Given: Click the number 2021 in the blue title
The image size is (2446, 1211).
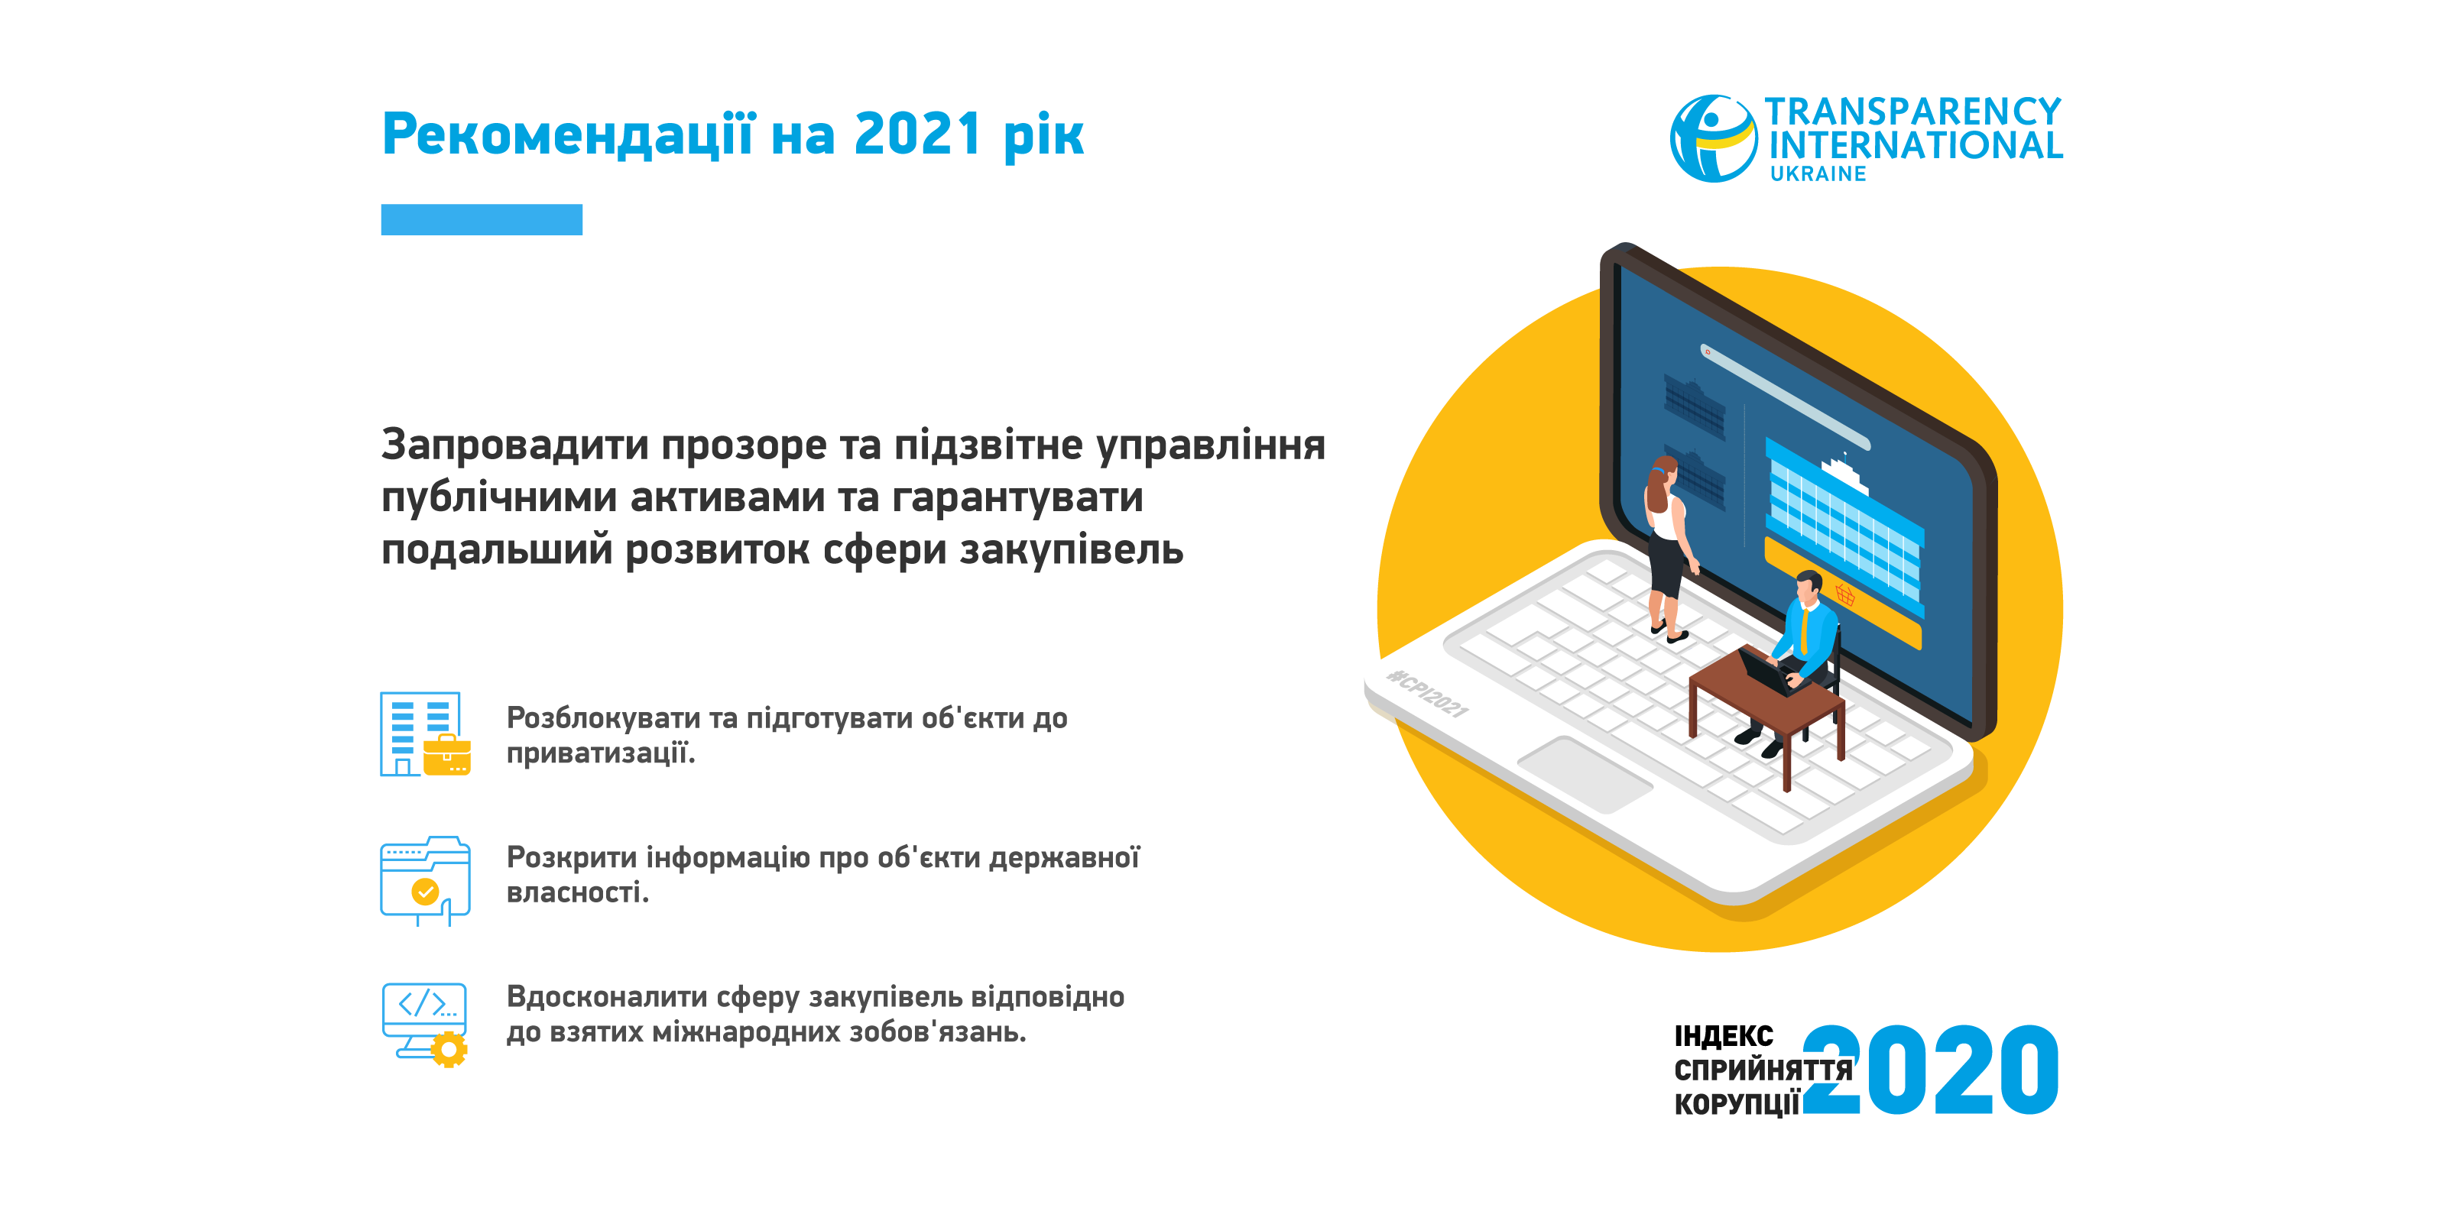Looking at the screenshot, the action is (917, 134).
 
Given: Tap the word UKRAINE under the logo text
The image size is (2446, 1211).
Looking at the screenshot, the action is (1818, 173).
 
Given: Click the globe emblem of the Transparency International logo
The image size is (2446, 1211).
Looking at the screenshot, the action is (1713, 138).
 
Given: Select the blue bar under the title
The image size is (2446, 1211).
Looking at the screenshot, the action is (482, 219).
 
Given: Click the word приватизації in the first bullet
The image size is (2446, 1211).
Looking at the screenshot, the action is (600, 753).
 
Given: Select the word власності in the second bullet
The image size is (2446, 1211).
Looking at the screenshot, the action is (577, 892).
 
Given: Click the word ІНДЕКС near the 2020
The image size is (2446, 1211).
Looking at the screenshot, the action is (1724, 1035).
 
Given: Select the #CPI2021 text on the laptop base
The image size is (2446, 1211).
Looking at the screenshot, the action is (1427, 694).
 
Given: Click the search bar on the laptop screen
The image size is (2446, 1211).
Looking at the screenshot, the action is (1785, 397).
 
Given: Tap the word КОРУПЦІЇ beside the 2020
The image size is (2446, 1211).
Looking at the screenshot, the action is (1737, 1104).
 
